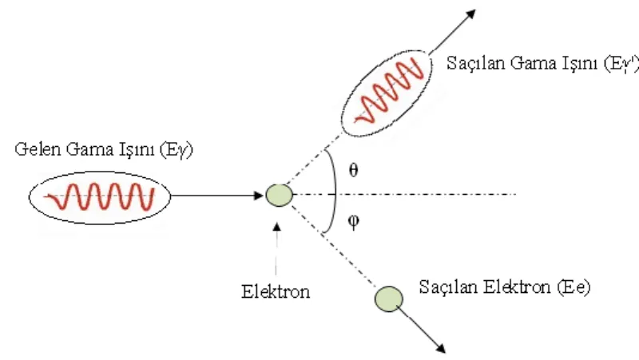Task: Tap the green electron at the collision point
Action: (279, 195)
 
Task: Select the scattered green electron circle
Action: (389, 299)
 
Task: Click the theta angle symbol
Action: (353, 170)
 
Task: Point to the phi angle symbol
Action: (353, 222)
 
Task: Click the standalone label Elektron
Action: (276, 291)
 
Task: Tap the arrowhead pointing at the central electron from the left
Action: (258, 196)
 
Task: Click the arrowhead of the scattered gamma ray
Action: (470, 14)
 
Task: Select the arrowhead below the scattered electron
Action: (441, 348)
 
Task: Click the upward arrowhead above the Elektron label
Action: (276, 227)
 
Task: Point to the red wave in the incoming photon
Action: (99, 197)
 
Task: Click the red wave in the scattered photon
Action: (390, 92)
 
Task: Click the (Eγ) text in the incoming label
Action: (176, 150)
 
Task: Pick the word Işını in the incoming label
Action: (137, 150)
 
